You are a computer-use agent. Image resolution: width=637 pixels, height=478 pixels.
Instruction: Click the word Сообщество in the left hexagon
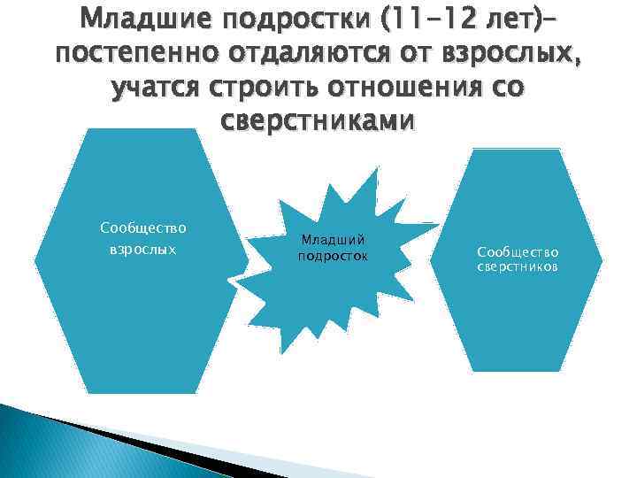click(142, 228)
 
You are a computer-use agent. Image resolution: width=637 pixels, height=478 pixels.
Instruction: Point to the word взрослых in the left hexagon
click(142, 249)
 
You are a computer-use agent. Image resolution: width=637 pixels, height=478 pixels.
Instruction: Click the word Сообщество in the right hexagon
click(518, 251)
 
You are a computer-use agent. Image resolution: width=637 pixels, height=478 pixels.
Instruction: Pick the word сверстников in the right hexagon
click(518, 266)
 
